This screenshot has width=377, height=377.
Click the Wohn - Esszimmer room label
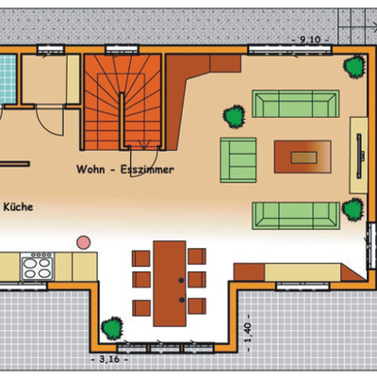point(125,170)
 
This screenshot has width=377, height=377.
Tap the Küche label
point(18,207)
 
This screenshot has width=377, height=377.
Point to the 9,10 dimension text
point(310,40)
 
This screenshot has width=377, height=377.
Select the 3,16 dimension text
point(109,359)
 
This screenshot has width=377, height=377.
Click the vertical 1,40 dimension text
point(248,333)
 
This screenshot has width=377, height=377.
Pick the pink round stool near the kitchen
point(84,242)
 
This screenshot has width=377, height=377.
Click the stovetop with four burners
point(38,266)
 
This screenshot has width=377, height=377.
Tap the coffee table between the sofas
point(303,156)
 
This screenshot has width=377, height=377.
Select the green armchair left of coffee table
point(238,160)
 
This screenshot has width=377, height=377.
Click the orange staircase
point(123,102)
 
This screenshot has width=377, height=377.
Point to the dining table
point(170,284)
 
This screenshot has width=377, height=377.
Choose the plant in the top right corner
point(354,66)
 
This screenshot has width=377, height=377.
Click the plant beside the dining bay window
point(112,328)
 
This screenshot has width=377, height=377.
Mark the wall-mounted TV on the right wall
point(359,156)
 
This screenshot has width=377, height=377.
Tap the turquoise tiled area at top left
point(8,78)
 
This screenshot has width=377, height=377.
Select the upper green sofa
point(296,104)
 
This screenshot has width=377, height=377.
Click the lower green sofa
point(296,216)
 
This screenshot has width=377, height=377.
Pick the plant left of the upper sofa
point(235,117)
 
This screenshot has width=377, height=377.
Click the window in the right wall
point(372,246)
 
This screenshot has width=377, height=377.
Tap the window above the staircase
point(122,50)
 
